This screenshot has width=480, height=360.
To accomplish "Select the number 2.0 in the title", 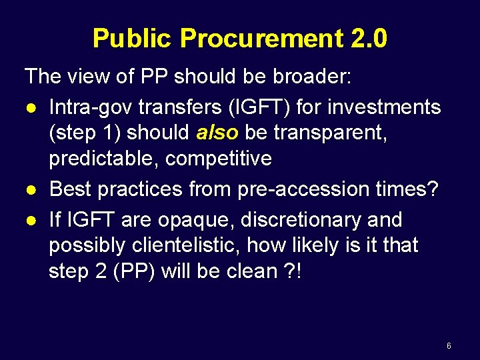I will point(367,39).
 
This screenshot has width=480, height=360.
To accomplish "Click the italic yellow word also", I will point(217,133).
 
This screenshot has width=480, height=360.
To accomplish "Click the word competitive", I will point(219,159).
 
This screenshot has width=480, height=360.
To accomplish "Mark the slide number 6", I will point(449,346).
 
